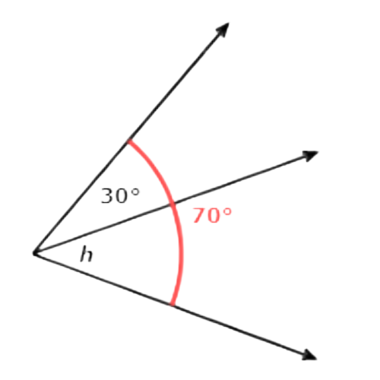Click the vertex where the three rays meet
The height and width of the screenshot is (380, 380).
(36, 253)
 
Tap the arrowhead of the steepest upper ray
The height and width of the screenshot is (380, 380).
(223, 29)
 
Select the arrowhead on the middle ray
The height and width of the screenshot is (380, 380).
(310, 155)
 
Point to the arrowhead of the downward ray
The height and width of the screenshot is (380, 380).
(309, 355)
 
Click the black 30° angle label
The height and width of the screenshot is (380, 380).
(120, 195)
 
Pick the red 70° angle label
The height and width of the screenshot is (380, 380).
(212, 215)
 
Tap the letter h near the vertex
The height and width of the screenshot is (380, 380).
(86, 255)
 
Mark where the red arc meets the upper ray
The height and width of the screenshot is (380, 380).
(129, 141)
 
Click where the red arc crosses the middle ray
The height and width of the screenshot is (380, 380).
(174, 203)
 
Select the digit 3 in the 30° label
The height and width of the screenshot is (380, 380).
(107, 196)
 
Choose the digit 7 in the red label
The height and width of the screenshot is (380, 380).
(199, 216)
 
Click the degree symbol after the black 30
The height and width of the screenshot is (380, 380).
(135, 192)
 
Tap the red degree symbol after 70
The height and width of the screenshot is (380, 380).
(227, 211)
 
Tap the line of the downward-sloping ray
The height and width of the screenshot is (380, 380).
(176, 306)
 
